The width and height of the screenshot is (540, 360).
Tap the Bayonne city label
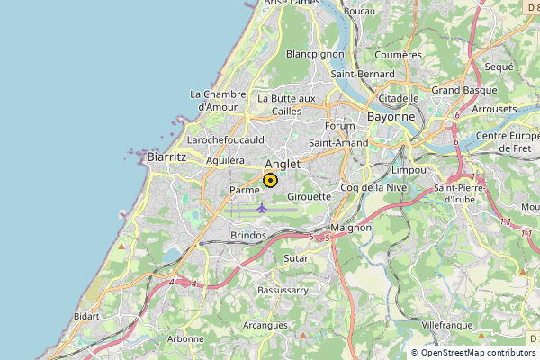tap(391, 117)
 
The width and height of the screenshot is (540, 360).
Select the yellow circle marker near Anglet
tap(270, 180)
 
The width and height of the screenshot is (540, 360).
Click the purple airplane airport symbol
tap(262, 209)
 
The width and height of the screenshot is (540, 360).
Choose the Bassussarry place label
tap(283, 291)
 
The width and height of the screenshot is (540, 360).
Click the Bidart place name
tap(86, 317)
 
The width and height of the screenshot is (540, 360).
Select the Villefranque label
tap(446, 322)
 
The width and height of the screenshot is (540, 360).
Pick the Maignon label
tap(351, 228)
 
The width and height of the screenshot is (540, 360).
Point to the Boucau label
tap(359, 11)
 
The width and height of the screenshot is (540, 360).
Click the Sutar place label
tap(295, 258)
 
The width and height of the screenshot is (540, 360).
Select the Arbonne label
tap(185, 339)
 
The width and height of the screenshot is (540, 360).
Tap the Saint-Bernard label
tap(364, 74)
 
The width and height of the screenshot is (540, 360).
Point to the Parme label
tap(245, 190)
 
